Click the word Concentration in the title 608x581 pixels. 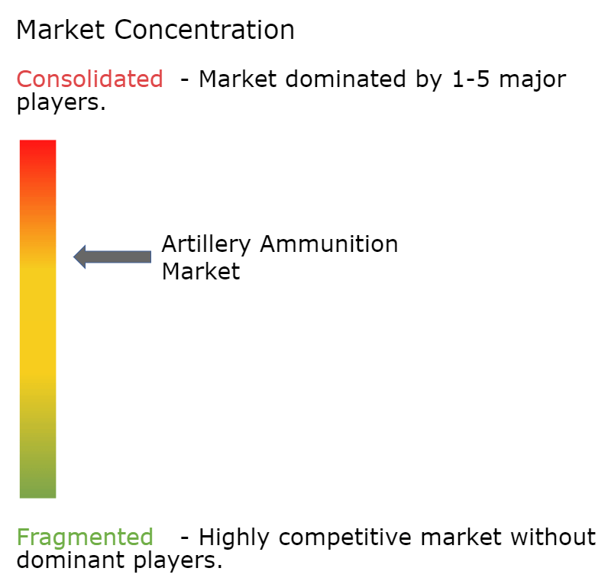click(205, 30)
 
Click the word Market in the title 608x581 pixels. click(61, 30)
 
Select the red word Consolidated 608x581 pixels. click(89, 79)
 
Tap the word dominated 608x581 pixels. click(345, 79)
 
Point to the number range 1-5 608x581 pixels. click(471, 79)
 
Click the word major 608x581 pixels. click(533, 81)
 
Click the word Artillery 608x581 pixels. click(206, 246)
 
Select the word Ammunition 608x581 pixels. click(329, 244)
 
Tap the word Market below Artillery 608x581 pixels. click(201, 271)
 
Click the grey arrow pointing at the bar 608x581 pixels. click(112, 257)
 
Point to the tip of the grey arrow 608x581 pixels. click(73, 257)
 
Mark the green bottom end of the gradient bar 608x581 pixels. click(38, 496)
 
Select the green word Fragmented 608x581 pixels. click(85, 537)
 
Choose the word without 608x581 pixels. click(553, 537)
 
